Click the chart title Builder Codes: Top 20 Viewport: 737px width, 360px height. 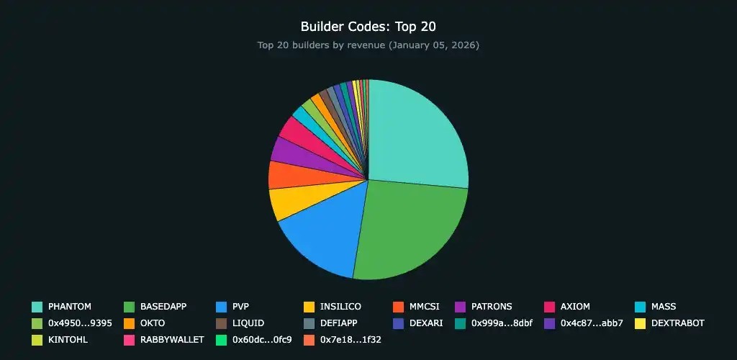coord(368,27)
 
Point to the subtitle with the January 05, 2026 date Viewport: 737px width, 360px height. coord(368,45)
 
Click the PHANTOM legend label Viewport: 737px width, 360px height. coord(69,307)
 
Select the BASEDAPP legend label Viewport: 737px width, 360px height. coord(163,307)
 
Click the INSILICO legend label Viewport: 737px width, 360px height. coord(340,307)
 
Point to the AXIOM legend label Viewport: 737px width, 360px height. coord(576,307)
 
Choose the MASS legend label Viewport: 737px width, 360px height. coord(663,307)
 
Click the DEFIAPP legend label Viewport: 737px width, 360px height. coord(338,323)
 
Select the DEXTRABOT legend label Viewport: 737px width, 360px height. coord(677,323)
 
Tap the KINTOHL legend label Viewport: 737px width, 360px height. coord(68,340)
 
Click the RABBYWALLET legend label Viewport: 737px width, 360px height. coord(172,340)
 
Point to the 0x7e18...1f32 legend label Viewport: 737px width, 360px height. coord(351,340)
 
